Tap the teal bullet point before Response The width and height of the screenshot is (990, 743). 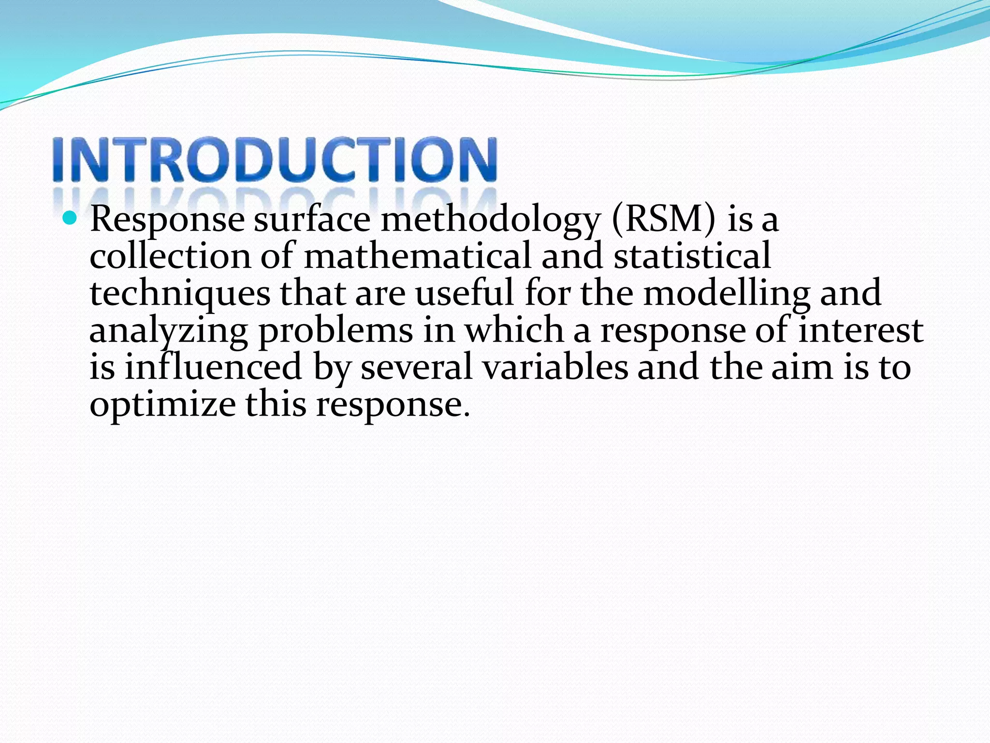(x=70, y=218)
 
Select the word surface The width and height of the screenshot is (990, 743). (x=312, y=220)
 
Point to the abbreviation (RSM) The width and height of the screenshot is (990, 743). (x=663, y=220)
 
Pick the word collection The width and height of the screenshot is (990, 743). (x=170, y=256)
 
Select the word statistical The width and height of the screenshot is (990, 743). (x=692, y=256)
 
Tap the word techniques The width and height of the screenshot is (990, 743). (x=180, y=294)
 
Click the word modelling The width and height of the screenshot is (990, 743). (x=727, y=294)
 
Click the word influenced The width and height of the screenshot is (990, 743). (x=214, y=368)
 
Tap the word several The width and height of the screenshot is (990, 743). (x=416, y=368)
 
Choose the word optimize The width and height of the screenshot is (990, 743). (x=162, y=405)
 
